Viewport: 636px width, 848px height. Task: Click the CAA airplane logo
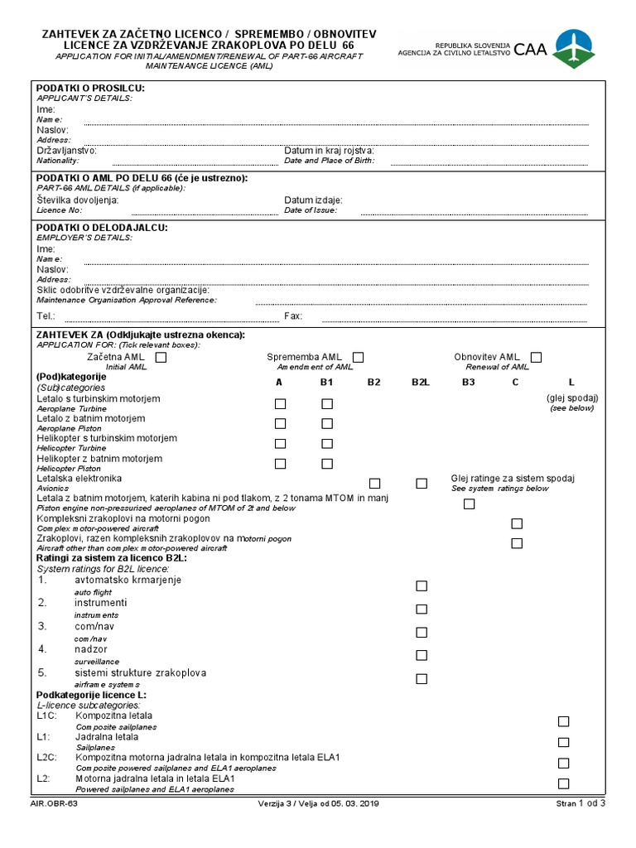[573, 48]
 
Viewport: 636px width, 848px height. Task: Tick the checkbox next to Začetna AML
[161, 357]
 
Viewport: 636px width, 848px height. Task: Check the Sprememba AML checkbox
[358, 357]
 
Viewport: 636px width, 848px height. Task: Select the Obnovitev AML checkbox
[536, 357]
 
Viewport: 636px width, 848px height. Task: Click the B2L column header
[420, 382]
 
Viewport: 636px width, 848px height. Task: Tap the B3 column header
[469, 382]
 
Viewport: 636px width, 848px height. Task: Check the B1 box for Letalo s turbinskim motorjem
[327, 403]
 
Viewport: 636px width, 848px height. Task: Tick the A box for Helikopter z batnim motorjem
[281, 463]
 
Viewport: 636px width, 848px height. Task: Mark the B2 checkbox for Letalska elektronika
[374, 483]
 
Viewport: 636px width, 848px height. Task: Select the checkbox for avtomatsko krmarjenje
[422, 585]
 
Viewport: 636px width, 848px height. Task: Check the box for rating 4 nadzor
[422, 655]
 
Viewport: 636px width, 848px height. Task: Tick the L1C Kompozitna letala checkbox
[564, 721]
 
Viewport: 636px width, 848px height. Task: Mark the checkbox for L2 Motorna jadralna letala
[564, 783]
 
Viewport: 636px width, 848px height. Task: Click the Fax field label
[293, 316]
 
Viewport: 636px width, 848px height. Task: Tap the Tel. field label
[46, 316]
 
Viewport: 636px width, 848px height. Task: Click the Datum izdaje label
[313, 200]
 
